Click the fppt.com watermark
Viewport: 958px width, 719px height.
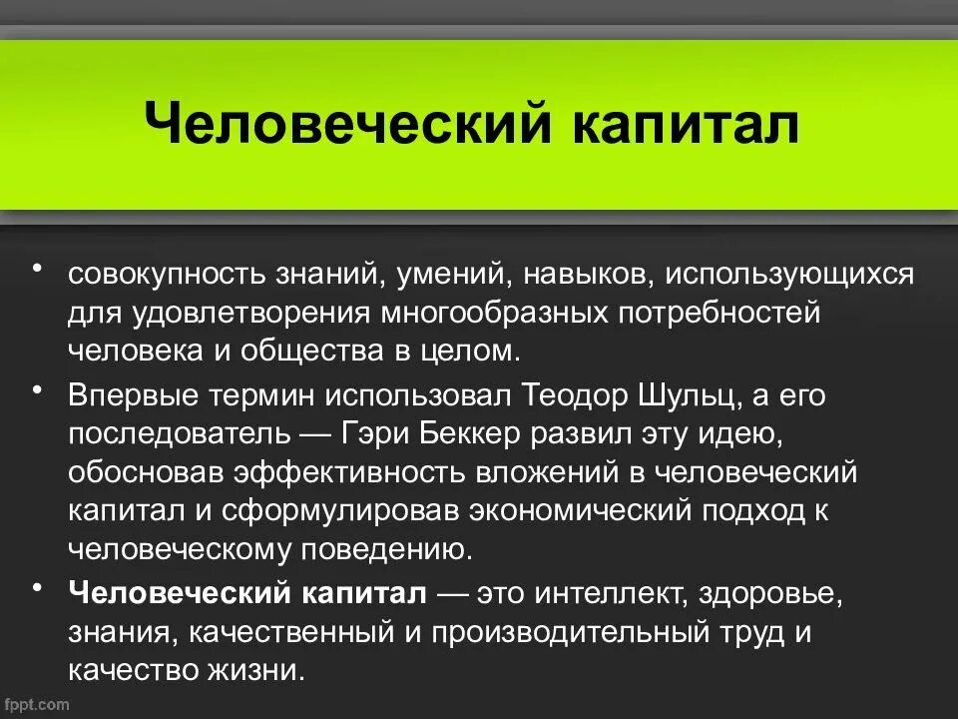coord(37,705)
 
